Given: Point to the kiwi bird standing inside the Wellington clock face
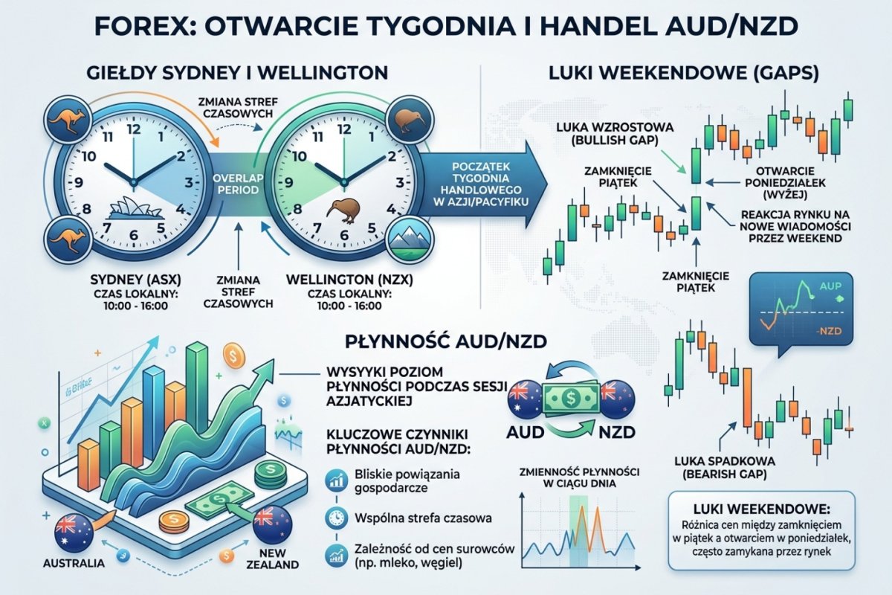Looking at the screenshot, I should [340, 210].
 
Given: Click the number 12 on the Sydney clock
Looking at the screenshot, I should [134, 129].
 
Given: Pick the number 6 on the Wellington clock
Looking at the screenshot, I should [343, 239].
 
